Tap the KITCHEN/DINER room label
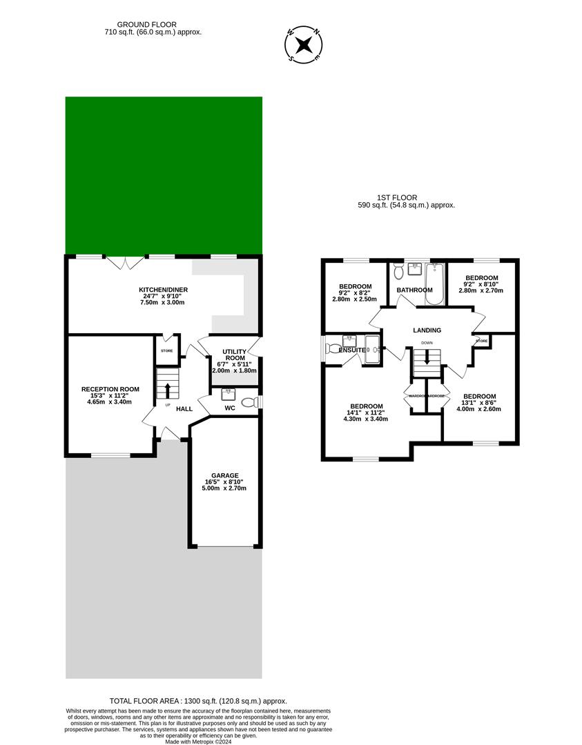pos(163,290)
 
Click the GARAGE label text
pos(225,475)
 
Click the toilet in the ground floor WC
pos(248,402)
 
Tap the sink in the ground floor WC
pos(227,395)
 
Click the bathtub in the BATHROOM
pos(435,283)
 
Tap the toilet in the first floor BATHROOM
pos(398,272)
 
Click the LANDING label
pos(427,330)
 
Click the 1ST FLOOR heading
pos(406,197)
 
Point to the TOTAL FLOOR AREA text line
pos(198,701)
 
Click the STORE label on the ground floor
pos(167,351)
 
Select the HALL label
pos(184,409)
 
